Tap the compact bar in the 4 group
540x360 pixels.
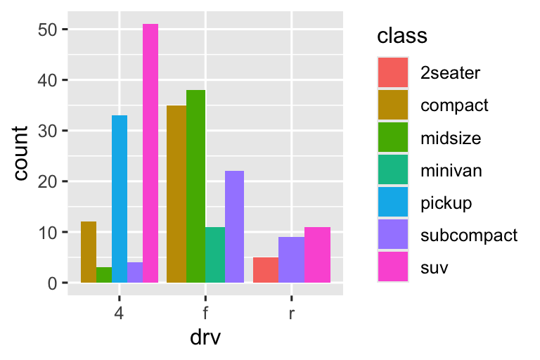(x=89, y=252)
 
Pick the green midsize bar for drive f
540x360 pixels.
(x=195, y=186)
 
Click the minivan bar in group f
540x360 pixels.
(x=215, y=255)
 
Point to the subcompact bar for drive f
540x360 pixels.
(x=234, y=226)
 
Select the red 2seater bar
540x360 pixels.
(x=266, y=270)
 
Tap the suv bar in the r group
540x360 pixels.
(x=317, y=255)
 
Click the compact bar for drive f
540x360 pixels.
(x=176, y=194)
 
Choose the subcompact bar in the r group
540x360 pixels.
(x=291, y=259)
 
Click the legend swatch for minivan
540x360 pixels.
(x=393, y=170)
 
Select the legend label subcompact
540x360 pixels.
(x=468, y=235)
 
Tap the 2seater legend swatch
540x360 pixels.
(x=393, y=72)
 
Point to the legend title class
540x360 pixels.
(x=403, y=35)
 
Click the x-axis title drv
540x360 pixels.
(x=205, y=337)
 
